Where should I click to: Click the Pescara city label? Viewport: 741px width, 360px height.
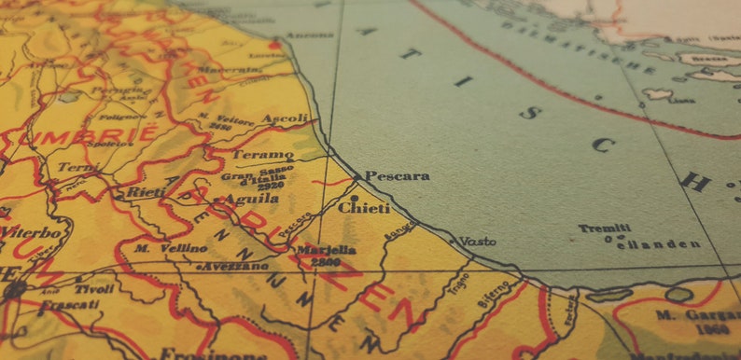397,175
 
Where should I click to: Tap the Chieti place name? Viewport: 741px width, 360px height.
364,208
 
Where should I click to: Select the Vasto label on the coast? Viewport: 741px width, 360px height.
478,241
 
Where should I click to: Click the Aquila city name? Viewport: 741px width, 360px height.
247,199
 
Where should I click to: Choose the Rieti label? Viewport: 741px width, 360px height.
147,192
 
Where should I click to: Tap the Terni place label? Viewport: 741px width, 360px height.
77,168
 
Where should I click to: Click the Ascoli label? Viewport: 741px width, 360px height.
285,119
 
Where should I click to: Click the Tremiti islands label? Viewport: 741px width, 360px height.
604,228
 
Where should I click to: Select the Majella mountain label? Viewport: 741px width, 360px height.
327,251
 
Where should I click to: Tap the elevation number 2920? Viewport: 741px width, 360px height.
272,187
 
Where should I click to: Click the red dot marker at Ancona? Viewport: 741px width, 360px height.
274,44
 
